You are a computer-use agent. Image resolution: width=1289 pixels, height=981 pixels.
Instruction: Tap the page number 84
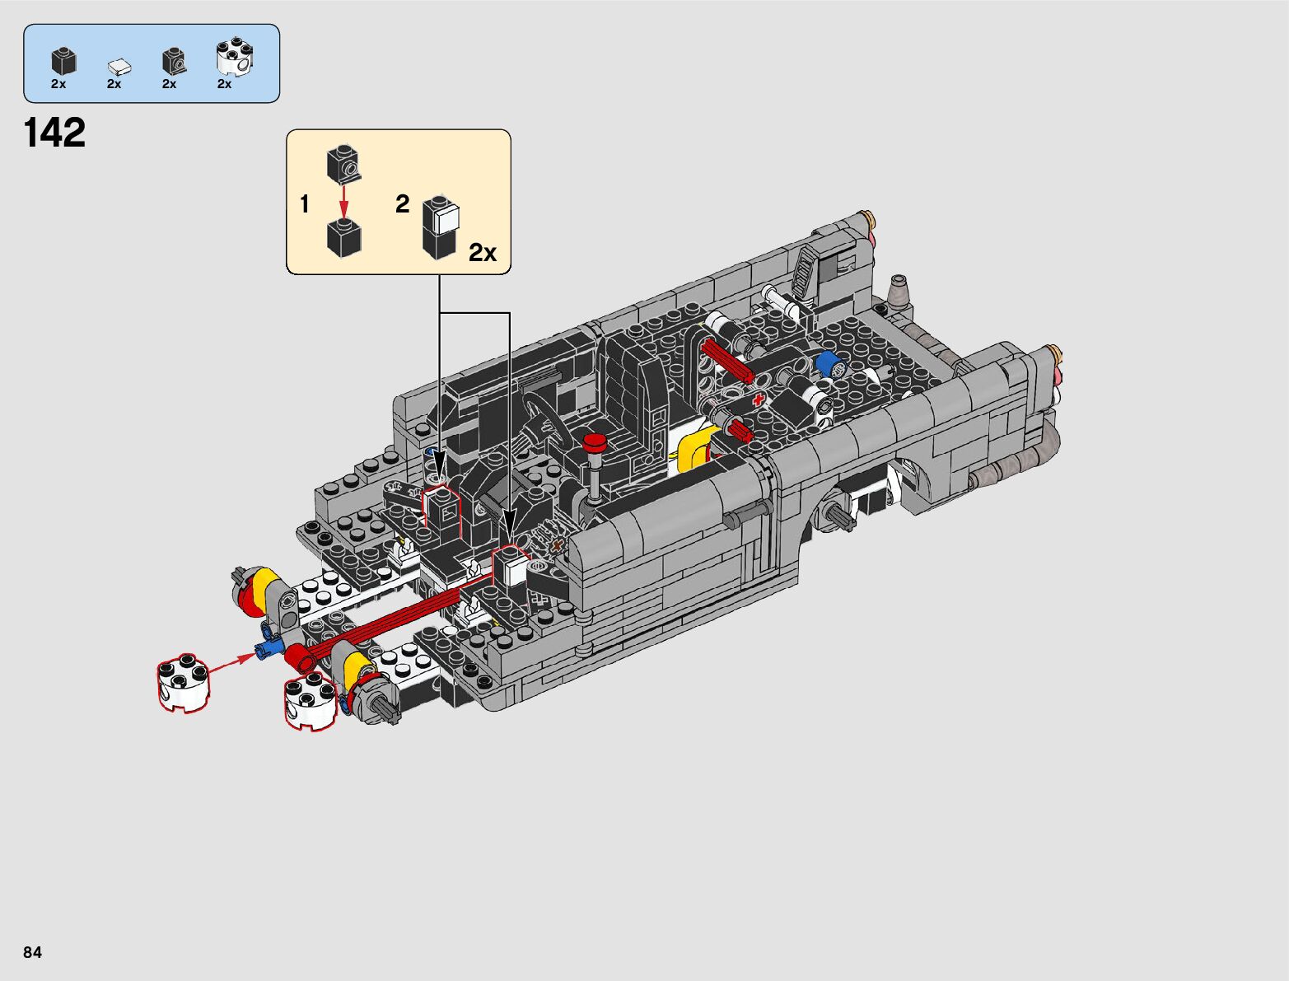pos(32,951)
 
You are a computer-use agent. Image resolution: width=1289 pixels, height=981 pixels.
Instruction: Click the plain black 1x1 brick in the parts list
pos(63,61)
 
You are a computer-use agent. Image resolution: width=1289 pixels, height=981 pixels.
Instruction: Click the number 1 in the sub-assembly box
pos(304,204)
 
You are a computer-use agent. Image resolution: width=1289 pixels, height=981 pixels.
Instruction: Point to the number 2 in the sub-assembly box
pos(402,204)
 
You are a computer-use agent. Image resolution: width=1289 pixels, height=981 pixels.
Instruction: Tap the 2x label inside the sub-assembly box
pos(482,252)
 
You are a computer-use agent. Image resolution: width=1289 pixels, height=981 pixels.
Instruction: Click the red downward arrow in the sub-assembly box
pos(343,200)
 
